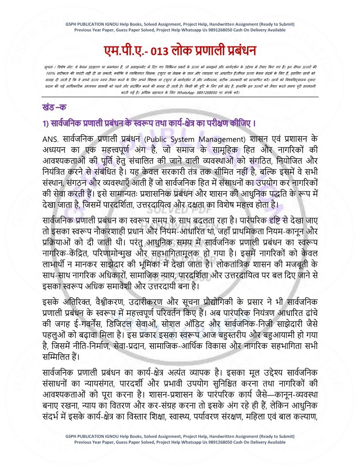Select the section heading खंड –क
[52, 108]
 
